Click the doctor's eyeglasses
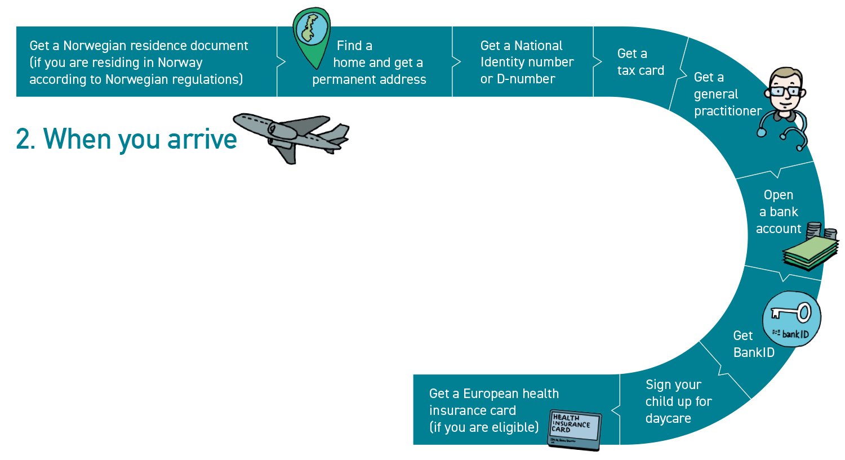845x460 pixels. [786, 90]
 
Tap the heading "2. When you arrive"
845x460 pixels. [127, 139]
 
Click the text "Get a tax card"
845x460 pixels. [641, 62]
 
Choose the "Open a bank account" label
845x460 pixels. [778, 212]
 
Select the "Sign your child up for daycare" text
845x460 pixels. [678, 401]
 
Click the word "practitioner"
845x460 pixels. [728, 111]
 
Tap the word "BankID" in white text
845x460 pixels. [754, 353]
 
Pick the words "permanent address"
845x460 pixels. [369, 80]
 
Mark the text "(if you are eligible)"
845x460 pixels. [484, 427]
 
